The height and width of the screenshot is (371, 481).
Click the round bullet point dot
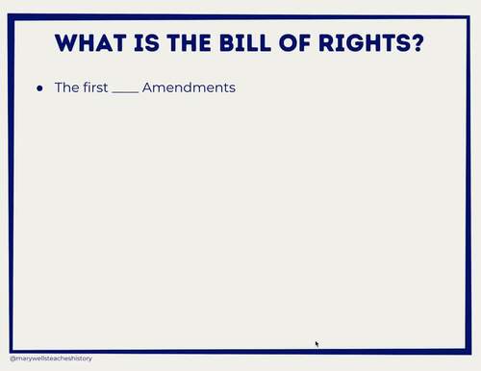click(x=40, y=88)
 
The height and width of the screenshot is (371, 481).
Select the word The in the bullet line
click(x=65, y=87)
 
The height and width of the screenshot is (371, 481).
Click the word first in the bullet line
click(x=94, y=87)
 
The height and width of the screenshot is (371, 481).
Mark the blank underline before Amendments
click(x=125, y=92)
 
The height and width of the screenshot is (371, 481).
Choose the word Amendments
click(x=189, y=87)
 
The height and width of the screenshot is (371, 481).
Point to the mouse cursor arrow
click(x=316, y=342)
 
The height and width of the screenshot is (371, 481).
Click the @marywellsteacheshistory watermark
click(x=51, y=359)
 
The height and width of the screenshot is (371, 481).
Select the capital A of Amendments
click(x=148, y=87)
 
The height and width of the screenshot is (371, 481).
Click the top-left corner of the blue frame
click(x=11, y=17)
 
